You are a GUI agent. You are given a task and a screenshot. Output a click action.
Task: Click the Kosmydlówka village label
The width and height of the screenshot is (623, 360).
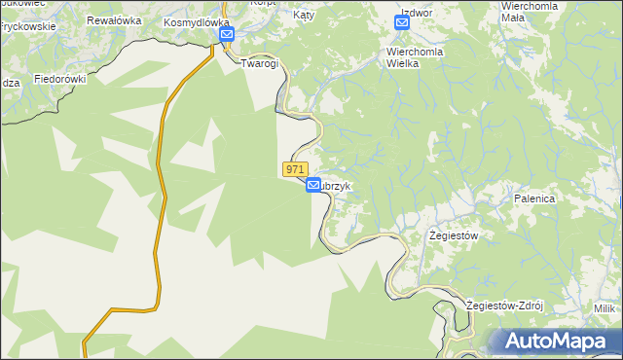click(x=197, y=21)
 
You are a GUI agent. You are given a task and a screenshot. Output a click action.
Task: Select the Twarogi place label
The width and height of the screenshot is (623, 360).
click(x=260, y=62)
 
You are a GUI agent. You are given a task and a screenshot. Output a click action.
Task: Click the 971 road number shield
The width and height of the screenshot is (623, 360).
click(x=297, y=169)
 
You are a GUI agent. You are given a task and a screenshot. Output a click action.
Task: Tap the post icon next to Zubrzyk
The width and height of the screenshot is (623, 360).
click(x=313, y=185)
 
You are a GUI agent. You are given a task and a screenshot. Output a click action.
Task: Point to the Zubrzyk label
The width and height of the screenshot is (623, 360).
click(x=344, y=185)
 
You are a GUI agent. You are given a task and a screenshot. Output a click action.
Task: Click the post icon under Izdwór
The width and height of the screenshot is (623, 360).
click(x=403, y=22)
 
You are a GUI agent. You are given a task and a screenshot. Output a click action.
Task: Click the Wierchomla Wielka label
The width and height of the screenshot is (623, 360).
click(x=416, y=56)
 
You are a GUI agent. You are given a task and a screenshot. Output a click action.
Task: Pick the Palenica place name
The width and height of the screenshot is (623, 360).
click(x=534, y=198)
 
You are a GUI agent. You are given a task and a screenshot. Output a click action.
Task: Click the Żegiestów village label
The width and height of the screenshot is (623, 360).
click(x=455, y=235)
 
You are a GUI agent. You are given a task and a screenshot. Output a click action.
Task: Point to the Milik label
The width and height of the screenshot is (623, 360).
click(x=605, y=308)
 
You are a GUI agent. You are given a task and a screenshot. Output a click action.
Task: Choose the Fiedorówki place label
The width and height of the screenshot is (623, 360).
click(x=60, y=78)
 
